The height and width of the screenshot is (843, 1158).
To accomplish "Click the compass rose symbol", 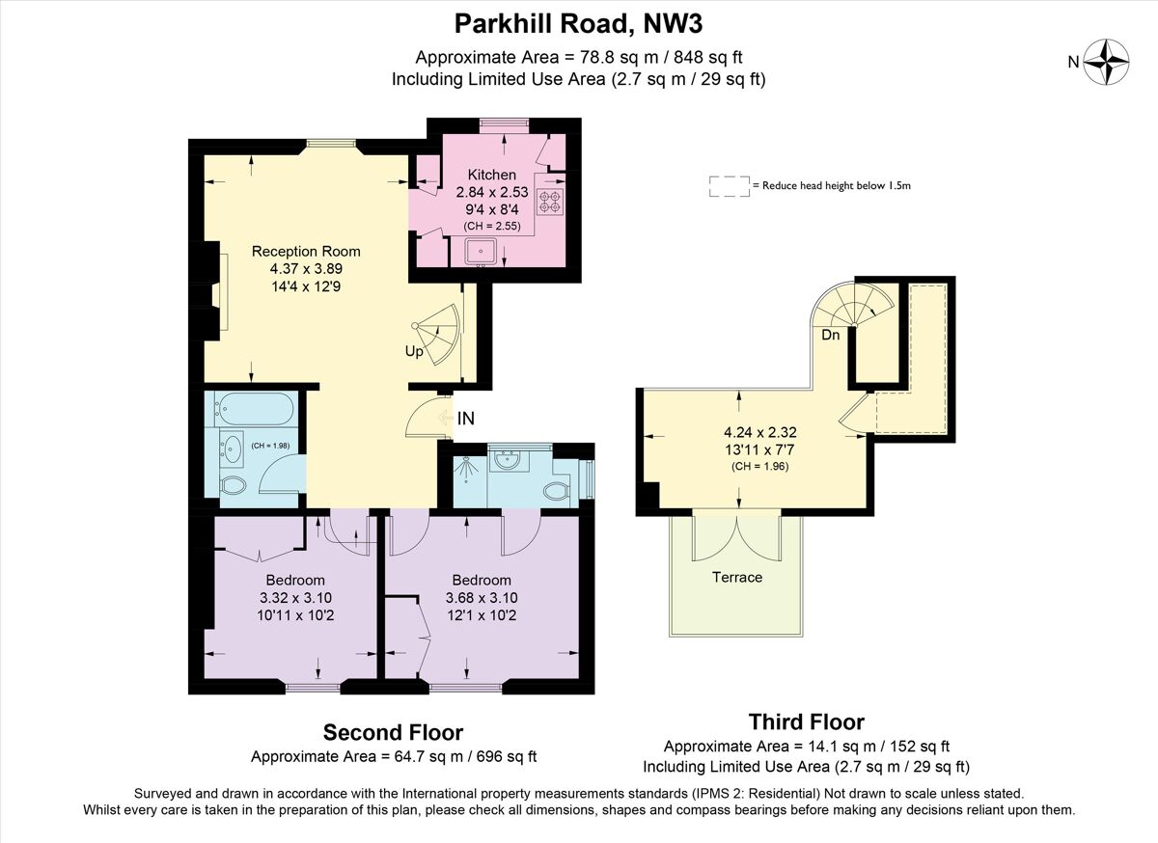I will [x=1106, y=62].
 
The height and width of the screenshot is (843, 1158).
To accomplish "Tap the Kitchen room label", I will [x=492, y=175].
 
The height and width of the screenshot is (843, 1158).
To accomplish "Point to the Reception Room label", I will [x=306, y=252].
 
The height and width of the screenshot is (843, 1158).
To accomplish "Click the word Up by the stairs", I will [x=414, y=352].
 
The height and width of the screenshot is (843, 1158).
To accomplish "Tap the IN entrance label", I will [x=466, y=419].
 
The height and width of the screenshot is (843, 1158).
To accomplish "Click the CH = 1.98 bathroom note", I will [x=270, y=446].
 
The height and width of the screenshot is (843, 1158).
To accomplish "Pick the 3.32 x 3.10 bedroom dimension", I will [x=295, y=598].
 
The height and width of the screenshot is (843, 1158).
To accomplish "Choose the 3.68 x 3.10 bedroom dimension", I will [x=482, y=598].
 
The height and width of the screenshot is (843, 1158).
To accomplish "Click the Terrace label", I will [x=737, y=577].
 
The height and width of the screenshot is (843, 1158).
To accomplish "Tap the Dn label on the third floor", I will [x=831, y=336].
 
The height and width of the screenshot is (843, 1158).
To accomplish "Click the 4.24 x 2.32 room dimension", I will [x=761, y=432].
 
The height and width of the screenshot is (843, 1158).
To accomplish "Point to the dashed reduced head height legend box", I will [x=729, y=185].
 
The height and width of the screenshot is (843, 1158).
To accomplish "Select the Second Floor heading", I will [x=393, y=732].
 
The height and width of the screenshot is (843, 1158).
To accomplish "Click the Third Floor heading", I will [x=806, y=721].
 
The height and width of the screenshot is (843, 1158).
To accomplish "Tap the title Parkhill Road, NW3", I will [x=578, y=21].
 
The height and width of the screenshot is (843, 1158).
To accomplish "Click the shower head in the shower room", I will [x=466, y=464].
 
